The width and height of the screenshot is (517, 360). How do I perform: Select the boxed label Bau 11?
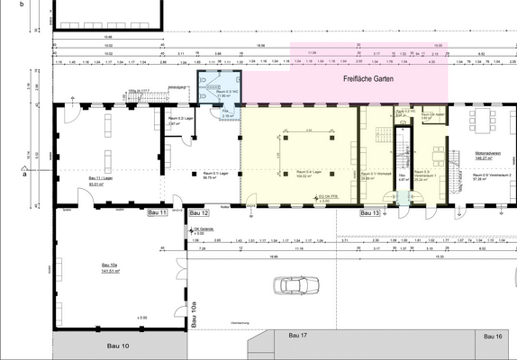(x=158, y=213)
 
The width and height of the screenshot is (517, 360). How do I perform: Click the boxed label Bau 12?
(x=199, y=213)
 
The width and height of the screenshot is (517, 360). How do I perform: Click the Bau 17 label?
(x=298, y=336)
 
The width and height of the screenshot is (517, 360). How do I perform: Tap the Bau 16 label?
(x=492, y=336)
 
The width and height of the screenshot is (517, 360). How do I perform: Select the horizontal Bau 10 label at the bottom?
(x=120, y=346)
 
